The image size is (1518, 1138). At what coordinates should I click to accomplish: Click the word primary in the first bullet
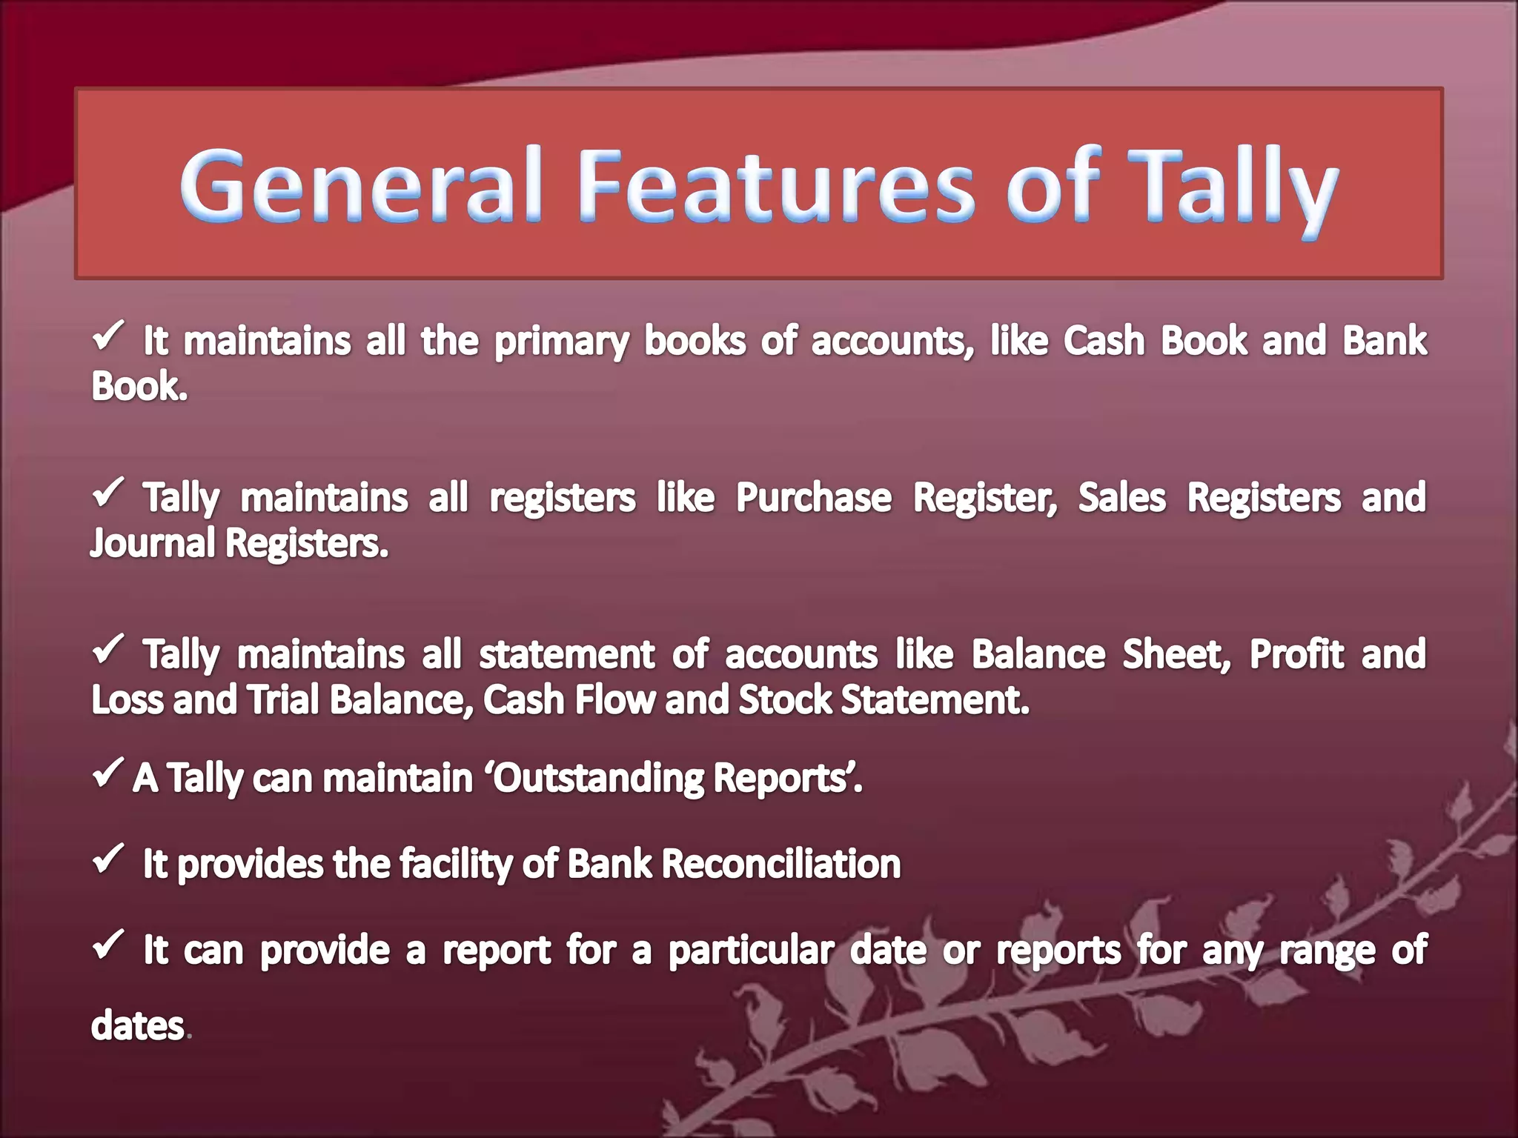pos(561,342)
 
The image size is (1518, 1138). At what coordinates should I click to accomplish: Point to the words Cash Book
pos(1155,341)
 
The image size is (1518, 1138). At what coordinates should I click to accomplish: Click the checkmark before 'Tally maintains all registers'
pos(108,492)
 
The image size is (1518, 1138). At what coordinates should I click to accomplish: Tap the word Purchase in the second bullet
pos(813,497)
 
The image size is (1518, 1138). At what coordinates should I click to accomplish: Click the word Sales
pos(1121,497)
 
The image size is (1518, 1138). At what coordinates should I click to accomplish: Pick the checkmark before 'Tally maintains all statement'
pos(108,649)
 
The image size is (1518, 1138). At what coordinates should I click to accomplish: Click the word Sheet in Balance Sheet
pos(1176,654)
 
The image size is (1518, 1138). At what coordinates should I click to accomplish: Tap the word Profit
pos(1296,654)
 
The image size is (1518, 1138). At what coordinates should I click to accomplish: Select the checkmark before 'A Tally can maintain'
pos(108,773)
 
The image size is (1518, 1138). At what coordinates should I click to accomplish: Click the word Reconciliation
pos(780,864)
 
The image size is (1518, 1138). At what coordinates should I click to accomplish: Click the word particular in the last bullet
pos(751,951)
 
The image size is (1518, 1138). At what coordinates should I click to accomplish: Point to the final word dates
pos(137,1026)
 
